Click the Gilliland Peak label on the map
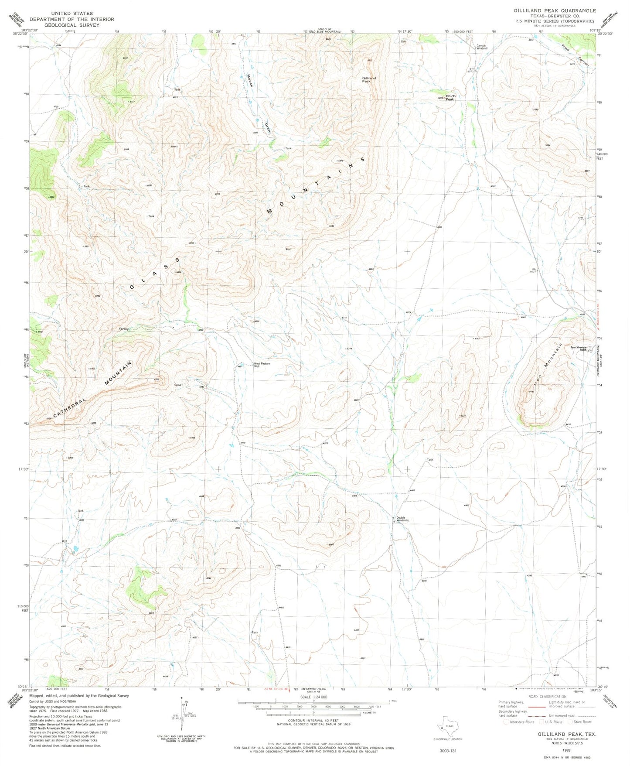(x=368, y=80)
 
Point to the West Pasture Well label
(x=262, y=365)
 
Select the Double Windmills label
(x=402, y=519)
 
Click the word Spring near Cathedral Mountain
(x=124, y=329)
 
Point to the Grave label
(x=178, y=385)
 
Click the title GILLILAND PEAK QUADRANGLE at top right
(x=554, y=10)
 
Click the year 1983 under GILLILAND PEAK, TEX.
(x=566, y=750)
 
